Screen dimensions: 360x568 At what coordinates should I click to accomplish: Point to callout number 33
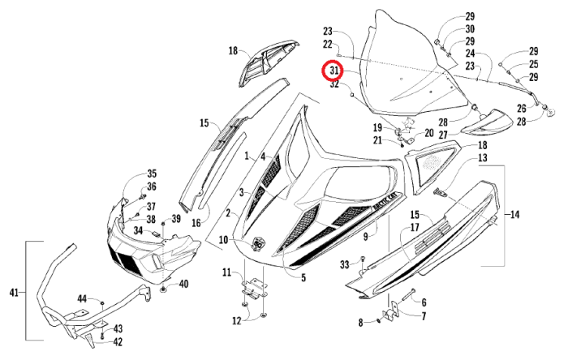point(345,264)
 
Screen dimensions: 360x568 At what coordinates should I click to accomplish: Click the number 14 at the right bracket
point(514,215)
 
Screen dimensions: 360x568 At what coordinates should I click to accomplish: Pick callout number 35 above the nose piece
point(151,174)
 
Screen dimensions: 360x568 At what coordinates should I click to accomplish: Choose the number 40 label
point(183,283)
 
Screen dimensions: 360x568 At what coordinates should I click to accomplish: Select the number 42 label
point(118,342)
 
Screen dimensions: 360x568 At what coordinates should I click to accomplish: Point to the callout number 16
point(195,222)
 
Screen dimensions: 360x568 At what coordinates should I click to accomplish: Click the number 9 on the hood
point(366,236)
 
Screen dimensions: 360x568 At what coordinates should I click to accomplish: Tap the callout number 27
point(444,135)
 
